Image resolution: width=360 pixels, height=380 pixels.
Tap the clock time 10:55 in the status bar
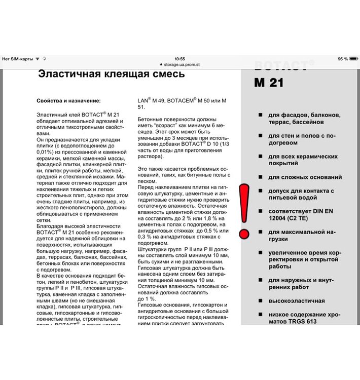click(x=179, y=59)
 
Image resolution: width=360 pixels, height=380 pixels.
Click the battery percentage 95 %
click(x=343, y=59)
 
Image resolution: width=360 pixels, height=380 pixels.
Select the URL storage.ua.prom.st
click(x=182, y=65)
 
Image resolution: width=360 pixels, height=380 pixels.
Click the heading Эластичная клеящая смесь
click(x=112, y=74)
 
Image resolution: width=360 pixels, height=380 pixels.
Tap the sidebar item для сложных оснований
click(x=305, y=177)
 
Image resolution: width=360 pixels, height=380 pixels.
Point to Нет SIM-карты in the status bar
click(x=17, y=59)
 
